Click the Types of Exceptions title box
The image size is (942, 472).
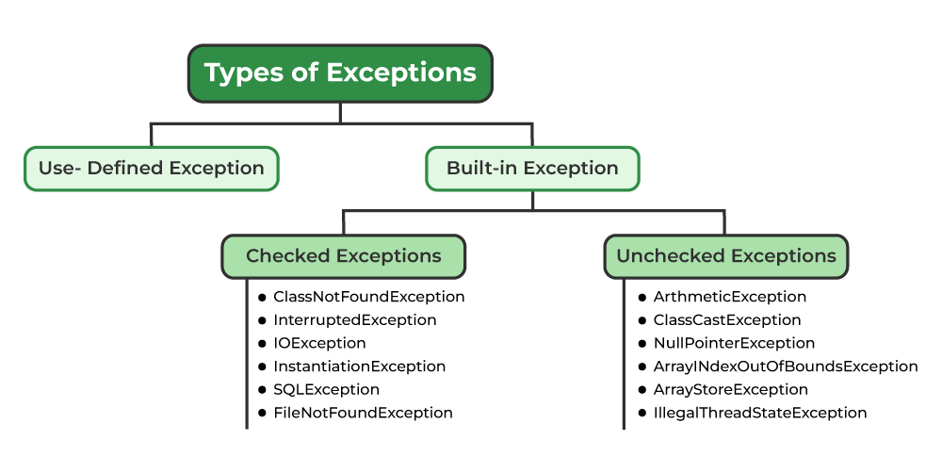coord(340,73)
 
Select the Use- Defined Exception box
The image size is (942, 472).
coord(151,169)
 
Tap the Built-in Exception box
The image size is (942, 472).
coord(532,169)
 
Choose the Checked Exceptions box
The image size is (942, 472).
coord(343,256)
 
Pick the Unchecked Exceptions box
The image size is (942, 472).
coord(725,256)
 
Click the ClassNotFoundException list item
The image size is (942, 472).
coord(368,297)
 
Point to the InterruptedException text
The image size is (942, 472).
coord(354,320)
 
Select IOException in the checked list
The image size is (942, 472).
coord(319,343)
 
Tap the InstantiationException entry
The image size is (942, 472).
coord(359,366)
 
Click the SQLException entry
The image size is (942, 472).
coord(326,389)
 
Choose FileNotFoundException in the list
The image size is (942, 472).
coord(363,413)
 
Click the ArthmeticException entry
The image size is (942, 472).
coord(729,297)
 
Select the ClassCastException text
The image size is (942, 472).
coord(726,320)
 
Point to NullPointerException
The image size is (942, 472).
coord(734,343)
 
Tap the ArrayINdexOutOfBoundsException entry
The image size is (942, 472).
coord(785,366)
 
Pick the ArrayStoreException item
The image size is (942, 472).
coord(730,389)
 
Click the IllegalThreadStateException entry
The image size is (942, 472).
coord(759,413)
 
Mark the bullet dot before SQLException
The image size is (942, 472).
coord(263,390)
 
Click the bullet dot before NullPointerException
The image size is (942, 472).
coord(642,344)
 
